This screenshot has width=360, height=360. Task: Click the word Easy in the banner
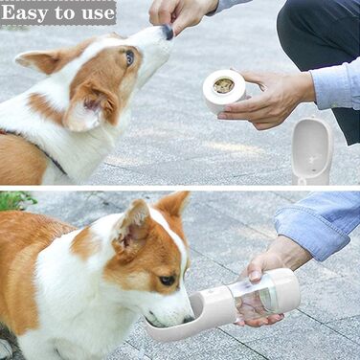(x=25, y=12)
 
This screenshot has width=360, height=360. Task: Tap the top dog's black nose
(x=168, y=32)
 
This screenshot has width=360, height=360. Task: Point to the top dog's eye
(x=129, y=57)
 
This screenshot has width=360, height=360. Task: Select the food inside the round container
(x=224, y=85)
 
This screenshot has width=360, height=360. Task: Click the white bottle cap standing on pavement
(x=312, y=150)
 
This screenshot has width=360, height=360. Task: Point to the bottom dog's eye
(x=168, y=281)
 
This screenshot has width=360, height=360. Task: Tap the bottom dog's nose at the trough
(x=188, y=319)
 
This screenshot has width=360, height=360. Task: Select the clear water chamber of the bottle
(x=252, y=300)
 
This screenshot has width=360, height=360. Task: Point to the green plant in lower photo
(x=16, y=201)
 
